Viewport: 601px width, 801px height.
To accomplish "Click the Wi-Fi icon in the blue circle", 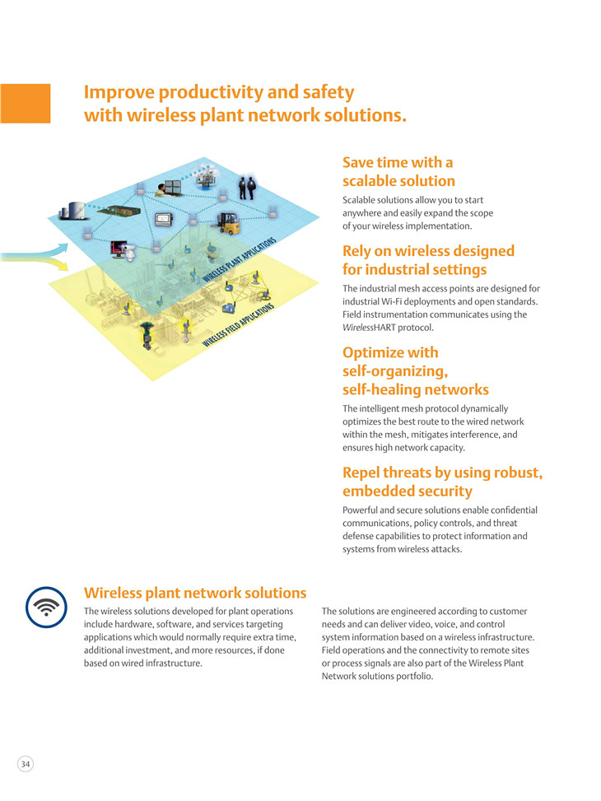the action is click(x=46, y=607).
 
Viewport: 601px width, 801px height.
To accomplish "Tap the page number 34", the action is click(x=26, y=764).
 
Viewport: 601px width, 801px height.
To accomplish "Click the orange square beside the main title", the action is click(x=25, y=103).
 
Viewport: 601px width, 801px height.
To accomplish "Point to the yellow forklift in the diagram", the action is click(x=228, y=223).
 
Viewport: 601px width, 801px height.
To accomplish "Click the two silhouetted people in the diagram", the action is click(x=247, y=187).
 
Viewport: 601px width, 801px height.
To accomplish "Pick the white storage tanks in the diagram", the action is click(x=72, y=210).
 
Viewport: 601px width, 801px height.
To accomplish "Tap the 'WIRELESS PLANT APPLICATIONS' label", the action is click(x=240, y=259).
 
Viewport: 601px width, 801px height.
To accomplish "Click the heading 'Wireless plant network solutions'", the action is click(x=195, y=593).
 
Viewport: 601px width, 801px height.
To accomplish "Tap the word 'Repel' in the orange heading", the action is click(x=361, y=473).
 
